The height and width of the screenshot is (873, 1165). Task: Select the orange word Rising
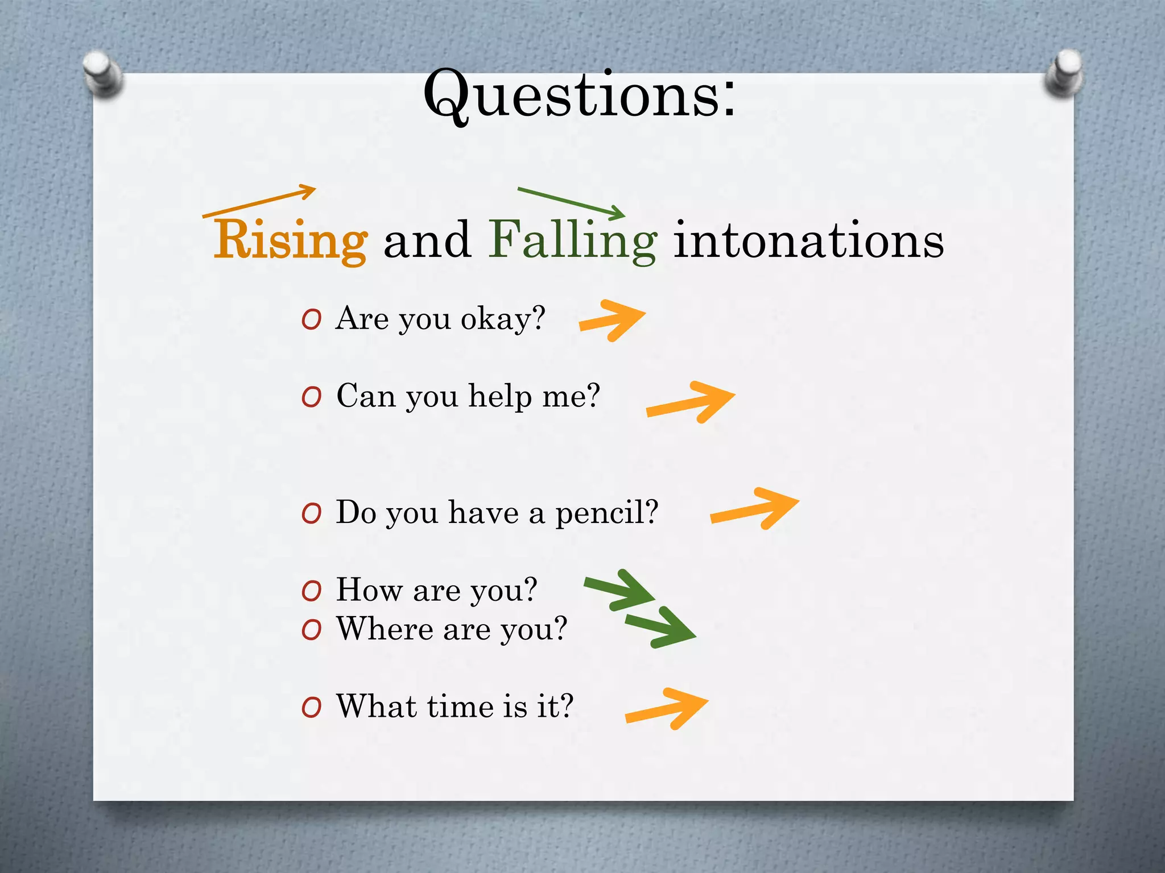290,241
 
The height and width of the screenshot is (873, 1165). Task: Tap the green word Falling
572,241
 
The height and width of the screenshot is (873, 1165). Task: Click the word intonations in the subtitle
808,241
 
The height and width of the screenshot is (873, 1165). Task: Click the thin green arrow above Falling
571,202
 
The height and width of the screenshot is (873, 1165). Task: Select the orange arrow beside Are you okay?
612,320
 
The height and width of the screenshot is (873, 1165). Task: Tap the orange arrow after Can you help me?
691,402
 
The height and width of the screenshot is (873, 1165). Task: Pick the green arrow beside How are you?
620,590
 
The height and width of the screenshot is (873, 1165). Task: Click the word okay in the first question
495,319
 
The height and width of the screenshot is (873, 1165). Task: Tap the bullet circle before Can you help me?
312,397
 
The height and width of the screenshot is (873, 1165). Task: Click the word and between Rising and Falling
427,241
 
